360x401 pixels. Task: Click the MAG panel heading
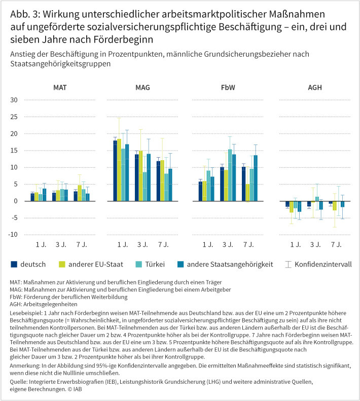click(x=142, y=88)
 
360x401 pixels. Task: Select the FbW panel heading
click(x=228, y=88)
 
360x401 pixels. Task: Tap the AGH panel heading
click(x=314, y=88)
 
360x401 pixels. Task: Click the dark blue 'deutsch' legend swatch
click(x=14, y=264)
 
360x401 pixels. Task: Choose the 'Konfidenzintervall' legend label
click(x=323, y=264)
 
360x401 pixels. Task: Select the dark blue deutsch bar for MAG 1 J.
click(x=115, y=170)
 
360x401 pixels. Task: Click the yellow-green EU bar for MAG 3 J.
click(x=140, y=175)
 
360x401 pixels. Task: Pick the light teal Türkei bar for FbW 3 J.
click(x=230, y=175)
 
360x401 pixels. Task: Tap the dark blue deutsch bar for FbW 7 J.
click(x=243, y=184)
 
